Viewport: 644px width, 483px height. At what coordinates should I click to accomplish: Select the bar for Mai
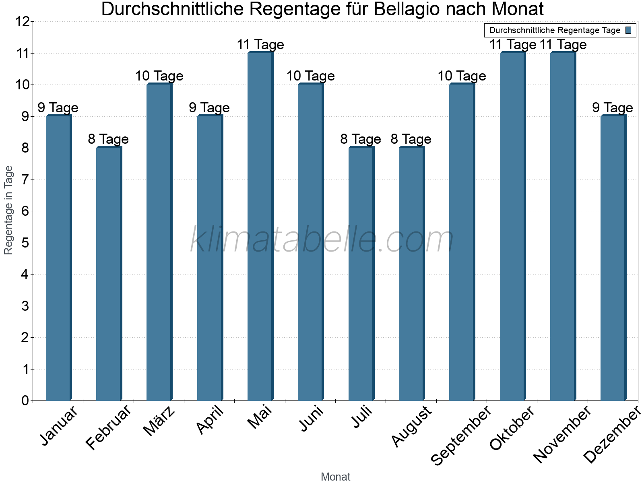point(260,226)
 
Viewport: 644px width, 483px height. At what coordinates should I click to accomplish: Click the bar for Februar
point(109,274)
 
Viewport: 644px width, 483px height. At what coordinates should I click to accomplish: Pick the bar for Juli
point(361,274)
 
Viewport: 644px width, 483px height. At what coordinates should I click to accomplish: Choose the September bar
point(462,242)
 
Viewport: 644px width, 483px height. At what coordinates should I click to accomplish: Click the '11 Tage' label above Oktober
point(512,45)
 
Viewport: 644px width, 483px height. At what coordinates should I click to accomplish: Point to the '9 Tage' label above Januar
point(58,107)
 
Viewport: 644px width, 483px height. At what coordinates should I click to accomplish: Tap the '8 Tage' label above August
point(411,139)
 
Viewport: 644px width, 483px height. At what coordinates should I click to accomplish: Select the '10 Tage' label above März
point(159,76)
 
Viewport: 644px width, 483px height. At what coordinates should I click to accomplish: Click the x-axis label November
point(562,435)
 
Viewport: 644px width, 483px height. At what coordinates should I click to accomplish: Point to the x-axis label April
point(210,421)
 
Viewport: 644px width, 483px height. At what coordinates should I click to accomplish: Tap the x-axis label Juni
point(311,419)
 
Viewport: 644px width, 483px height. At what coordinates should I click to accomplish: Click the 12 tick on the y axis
point(23,22)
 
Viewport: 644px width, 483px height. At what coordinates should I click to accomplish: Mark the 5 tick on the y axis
point(25,243)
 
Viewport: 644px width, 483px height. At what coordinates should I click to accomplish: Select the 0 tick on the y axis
point(25,400)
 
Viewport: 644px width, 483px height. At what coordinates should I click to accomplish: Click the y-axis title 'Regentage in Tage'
point(8,210)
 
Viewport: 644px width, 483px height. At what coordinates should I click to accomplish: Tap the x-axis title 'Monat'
point(335,477)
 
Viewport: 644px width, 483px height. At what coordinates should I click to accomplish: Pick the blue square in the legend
point(628,30)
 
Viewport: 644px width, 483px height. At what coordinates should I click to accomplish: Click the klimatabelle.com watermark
point(322,240)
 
